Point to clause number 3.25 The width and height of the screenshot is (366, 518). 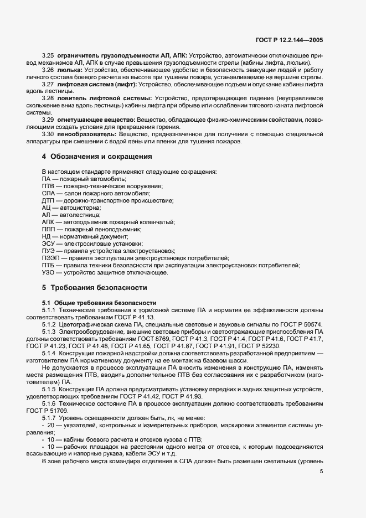tap(48, 56)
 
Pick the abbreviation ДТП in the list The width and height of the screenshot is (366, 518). tap(49, 200)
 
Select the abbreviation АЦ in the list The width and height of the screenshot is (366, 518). tap(47, 207)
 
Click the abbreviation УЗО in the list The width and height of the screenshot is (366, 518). tap(49, 272)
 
